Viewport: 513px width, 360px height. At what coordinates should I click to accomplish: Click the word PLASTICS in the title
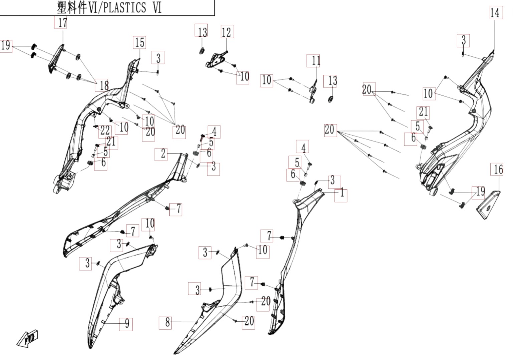[124, 7]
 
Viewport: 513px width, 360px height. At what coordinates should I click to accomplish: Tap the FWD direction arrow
[27, 338]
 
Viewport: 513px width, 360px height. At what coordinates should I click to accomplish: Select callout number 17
[61, 22]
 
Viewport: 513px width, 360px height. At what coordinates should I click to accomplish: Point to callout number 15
[140, 42]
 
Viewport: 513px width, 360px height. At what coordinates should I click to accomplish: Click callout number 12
[227, 32]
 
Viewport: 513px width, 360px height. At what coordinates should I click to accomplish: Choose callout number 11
[313, 60]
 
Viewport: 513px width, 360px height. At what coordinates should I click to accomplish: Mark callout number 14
[496, 13]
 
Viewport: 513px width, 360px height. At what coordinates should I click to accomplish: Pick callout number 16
[497, 169]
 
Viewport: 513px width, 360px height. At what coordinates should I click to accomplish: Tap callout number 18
[101, 85]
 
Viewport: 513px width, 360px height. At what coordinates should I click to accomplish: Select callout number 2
[161, 154]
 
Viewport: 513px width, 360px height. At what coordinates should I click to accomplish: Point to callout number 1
[341, 195]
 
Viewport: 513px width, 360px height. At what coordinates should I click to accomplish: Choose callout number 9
[126, 324]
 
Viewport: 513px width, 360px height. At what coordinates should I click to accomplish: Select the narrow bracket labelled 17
[56, 59]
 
